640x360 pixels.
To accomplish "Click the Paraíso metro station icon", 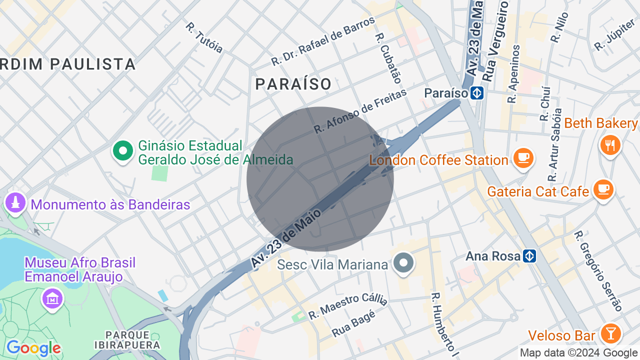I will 477,93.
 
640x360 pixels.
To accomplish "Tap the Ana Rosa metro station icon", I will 530,256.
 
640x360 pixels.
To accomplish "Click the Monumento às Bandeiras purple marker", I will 15,203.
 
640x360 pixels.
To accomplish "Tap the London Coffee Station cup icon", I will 523,158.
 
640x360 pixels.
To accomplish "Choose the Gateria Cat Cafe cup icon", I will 603,189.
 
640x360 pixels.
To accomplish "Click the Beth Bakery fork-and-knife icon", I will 610,145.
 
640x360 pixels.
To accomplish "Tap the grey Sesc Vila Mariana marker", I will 403,263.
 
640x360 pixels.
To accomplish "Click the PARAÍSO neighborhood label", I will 293,84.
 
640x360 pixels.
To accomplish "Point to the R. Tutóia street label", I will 203,37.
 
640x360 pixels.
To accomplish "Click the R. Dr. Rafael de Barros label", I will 323,41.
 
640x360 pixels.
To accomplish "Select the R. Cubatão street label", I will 388,58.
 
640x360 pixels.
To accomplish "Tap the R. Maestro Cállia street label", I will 347,305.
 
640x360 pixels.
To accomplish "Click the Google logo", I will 33,348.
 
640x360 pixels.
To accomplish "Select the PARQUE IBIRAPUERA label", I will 127,340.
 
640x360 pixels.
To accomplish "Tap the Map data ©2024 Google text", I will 578,352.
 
